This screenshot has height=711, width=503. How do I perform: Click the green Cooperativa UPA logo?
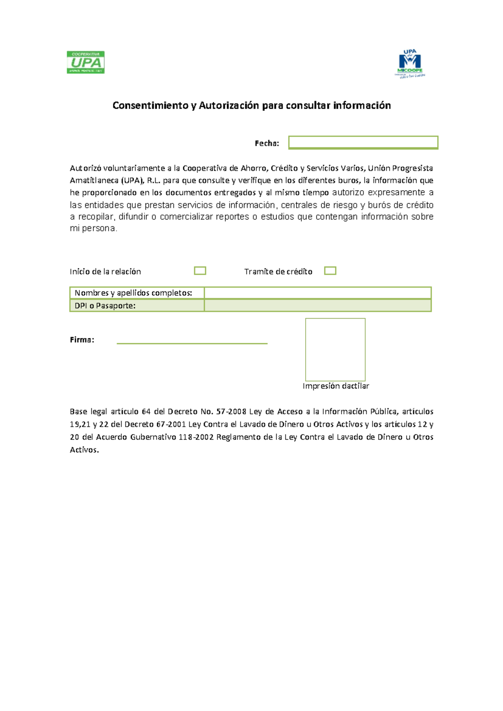coord(86,62)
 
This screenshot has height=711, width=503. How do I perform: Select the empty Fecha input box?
coord(363,143)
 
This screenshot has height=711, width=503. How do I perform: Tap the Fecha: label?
coord(267,143)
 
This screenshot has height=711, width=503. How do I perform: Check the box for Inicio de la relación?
coord(200,271)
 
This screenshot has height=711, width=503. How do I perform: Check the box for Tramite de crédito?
coord(330,271)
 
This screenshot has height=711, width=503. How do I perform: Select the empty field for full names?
coord(317,293)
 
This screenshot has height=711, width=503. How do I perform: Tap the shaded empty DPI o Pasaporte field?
coord(317,306)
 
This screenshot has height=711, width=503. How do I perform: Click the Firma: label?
coord(82,340)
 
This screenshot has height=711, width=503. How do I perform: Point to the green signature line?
coord(192,343)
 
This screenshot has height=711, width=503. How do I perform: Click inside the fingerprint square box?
coord(335,350)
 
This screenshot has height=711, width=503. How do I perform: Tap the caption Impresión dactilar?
coord(336,386)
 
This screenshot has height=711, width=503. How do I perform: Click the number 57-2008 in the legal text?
coord(231,412)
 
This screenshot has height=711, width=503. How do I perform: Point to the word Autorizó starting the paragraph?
coord(86,169)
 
